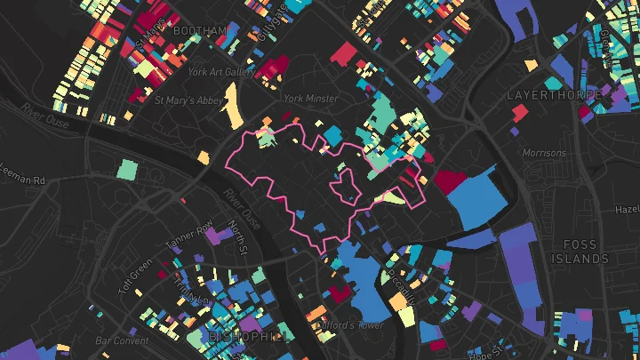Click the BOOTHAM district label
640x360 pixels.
tap(200, 31)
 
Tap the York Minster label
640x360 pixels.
tap(310, 99)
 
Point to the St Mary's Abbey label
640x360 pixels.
tap(188, 100)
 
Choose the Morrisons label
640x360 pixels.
tap(543, 153)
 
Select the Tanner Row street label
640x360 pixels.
tap(189, 233)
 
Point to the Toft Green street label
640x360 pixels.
tap(135, 276)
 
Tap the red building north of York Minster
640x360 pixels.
tap(342, 54)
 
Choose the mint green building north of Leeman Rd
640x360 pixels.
tap(129, 168)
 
